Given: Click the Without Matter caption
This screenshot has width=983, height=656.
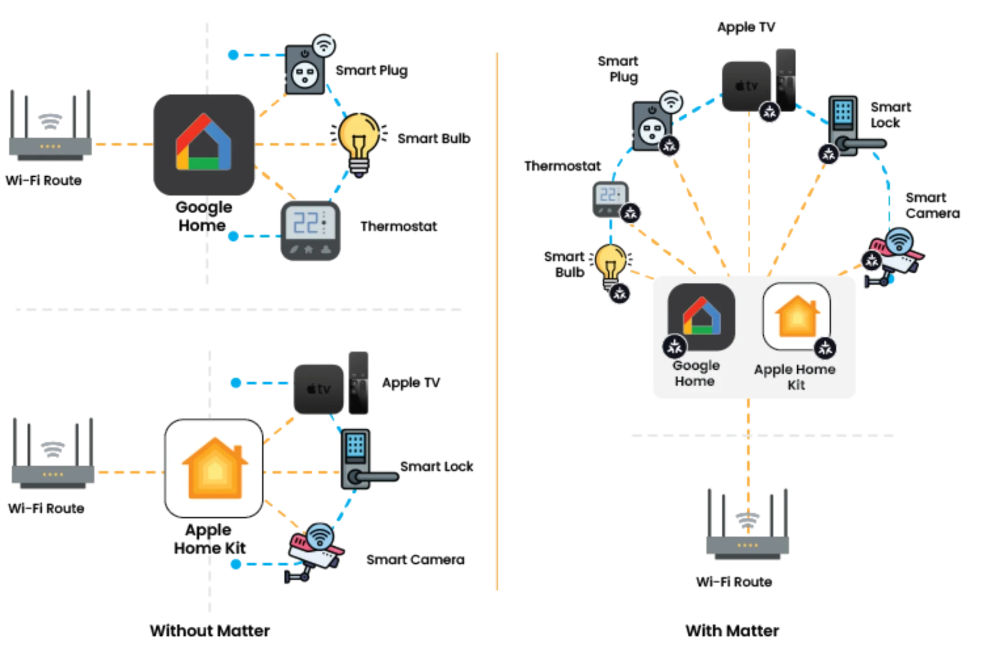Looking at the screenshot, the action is pos(210,631).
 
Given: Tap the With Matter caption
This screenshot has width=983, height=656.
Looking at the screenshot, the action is pos(732,631).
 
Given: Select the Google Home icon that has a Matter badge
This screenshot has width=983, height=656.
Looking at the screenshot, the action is pos(701,317).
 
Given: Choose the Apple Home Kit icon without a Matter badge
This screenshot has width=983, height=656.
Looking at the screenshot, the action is pos(214,468).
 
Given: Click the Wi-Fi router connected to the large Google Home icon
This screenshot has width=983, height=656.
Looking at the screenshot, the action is pos(50,125).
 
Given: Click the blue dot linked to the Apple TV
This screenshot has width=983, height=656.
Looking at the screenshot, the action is pos(236,383).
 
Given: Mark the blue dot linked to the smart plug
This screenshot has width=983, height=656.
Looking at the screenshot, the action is pos(233,55).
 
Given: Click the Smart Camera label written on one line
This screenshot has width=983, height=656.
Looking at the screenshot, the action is pos(415,559).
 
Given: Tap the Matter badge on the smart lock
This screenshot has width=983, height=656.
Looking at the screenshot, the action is pos(828,155).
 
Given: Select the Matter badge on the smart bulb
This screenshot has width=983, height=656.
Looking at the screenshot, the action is pos(620,293).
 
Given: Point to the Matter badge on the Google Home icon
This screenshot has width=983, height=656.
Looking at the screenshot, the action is pos(674,346).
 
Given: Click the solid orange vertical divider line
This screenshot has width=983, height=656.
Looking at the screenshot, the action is pos(497,321).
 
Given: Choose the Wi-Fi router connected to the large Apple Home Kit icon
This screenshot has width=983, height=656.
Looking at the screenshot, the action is pos(53,453).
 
